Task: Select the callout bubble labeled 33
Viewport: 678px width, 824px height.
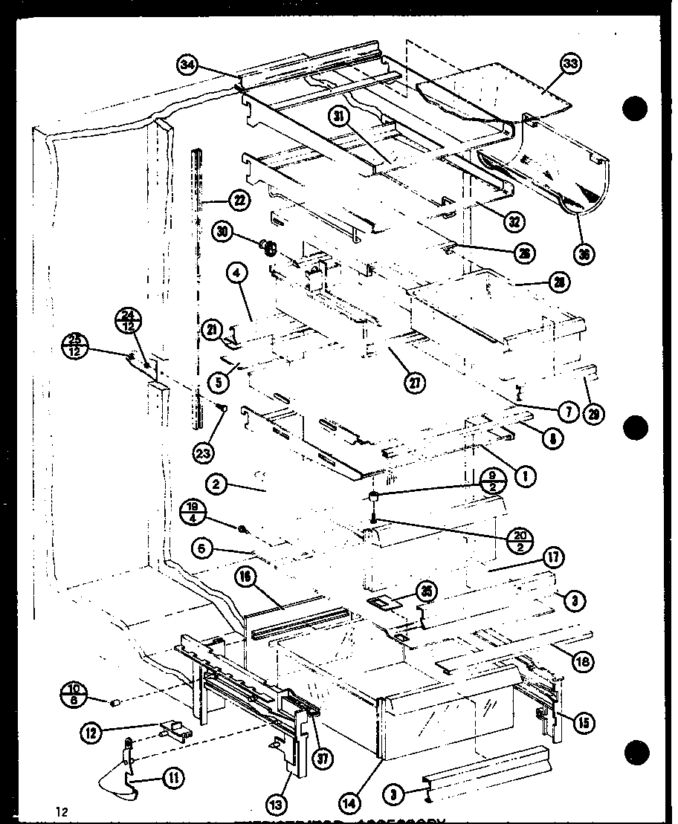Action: [569, 65]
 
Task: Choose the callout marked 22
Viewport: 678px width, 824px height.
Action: [239, 200]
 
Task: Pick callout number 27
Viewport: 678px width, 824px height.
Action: [415, 383]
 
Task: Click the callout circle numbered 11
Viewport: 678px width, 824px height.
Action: [173, 778]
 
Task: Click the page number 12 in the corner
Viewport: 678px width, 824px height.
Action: [60, 812]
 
